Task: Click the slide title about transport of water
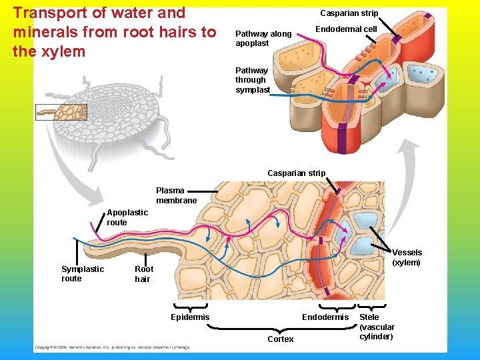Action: pyautogui.click(x=114, y=31)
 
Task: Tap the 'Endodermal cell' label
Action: pyautogui.click(x=346, y=29)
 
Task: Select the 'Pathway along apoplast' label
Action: pyautogui.click(x=263, y=39)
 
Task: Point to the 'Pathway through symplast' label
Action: pyautogui.click(x=252, y=80)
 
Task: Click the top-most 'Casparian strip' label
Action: pyautogui.click(x=349, y=13)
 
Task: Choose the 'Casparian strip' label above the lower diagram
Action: pyautogui.click(x=296, y=173)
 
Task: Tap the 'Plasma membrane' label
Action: pyautogui.click(x=177, y=195)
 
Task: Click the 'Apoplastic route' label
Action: pyautogui.click(x=127, y=217)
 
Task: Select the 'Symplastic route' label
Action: pyautogui.click(x=83, y=273)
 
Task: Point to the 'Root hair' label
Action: pyautogui.click(x=144, y=274)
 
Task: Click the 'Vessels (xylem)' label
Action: pyautogui.click(x=407, y=257)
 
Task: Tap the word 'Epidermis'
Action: pyautogui.click(x=190, y=317)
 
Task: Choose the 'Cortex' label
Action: pyautogui.click(x=280, y=339)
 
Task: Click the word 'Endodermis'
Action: pyautogui.click(x=325, y=317)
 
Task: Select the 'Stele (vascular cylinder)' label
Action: pyautogui.click(x=377, y=327)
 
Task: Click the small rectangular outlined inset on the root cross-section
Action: pyautogui.click(x=61, y=112)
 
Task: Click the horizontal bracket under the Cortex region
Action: pyautogui.click(x=280, y=329)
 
